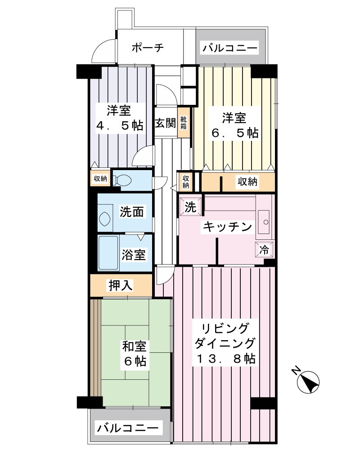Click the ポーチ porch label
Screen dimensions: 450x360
147,47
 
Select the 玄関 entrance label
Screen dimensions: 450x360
165,123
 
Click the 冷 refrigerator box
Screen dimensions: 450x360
265,248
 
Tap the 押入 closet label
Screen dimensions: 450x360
120,285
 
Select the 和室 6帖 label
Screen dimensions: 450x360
135,353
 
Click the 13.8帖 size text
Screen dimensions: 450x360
226,359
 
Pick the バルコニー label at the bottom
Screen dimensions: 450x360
128,427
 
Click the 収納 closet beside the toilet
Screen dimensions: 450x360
100,179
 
